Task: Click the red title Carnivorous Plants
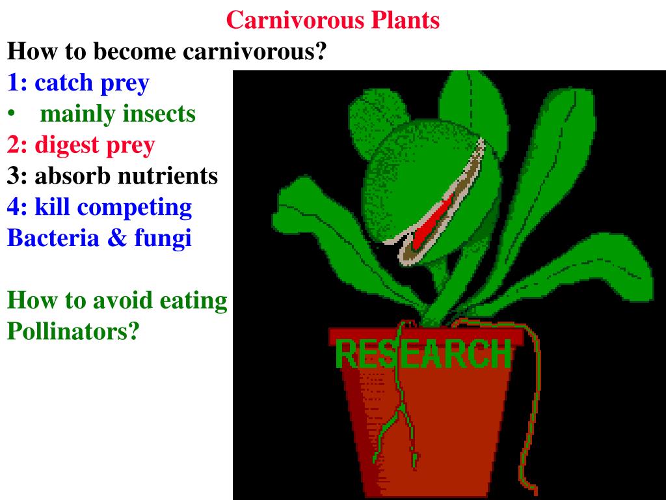point(333,20)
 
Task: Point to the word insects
point(159,114)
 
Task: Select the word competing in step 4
point(146,207)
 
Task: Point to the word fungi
point(163,238)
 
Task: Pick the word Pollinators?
point(73,331)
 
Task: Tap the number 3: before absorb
point(18,176)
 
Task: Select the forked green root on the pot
point(398,417)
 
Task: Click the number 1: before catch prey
point(18,83)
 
